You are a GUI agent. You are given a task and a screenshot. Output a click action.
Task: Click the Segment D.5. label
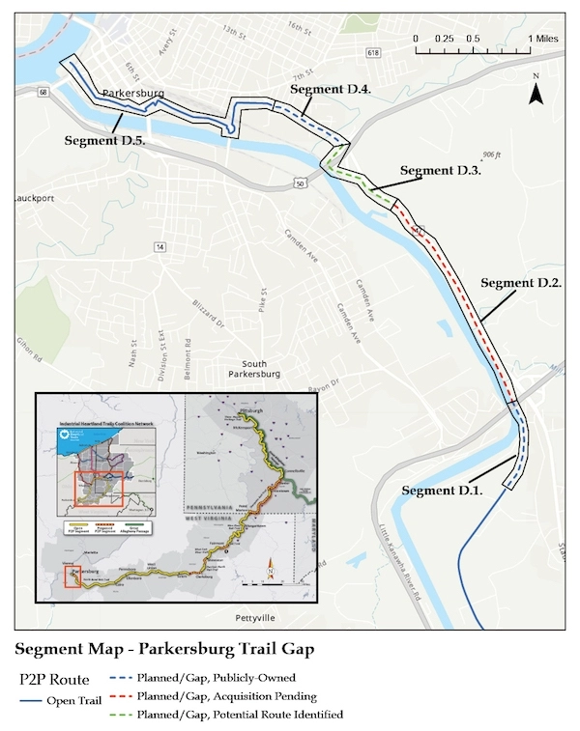(x=104, y=140)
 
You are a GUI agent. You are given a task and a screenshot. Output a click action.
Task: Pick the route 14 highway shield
(x=159, y=248)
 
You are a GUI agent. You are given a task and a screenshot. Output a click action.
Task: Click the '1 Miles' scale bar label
(x=541, y=38)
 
